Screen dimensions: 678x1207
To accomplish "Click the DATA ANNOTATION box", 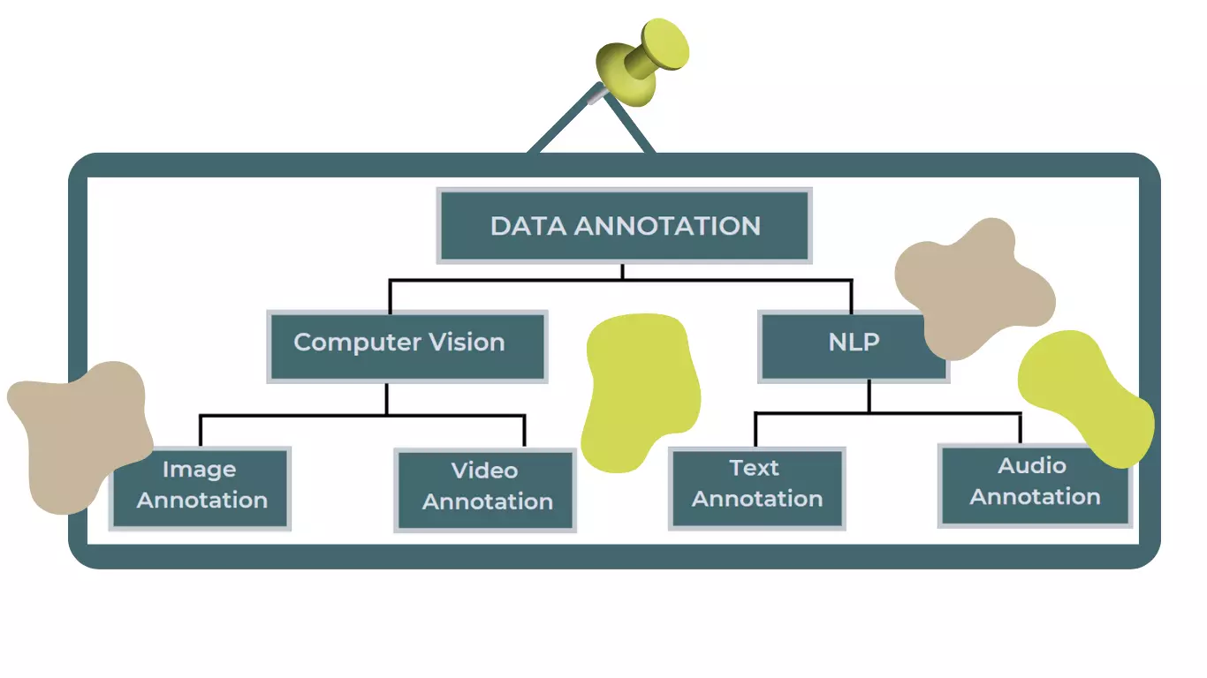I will (624, 226).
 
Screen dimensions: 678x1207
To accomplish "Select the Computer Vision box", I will (407, 346).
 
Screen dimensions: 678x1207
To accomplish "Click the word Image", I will (200, 470).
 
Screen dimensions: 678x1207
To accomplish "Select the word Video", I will (484, 471).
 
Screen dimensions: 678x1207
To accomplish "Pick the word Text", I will (754, 467).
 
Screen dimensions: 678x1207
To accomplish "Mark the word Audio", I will (1031, 465).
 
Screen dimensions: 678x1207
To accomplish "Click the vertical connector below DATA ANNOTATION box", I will (622, 272).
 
